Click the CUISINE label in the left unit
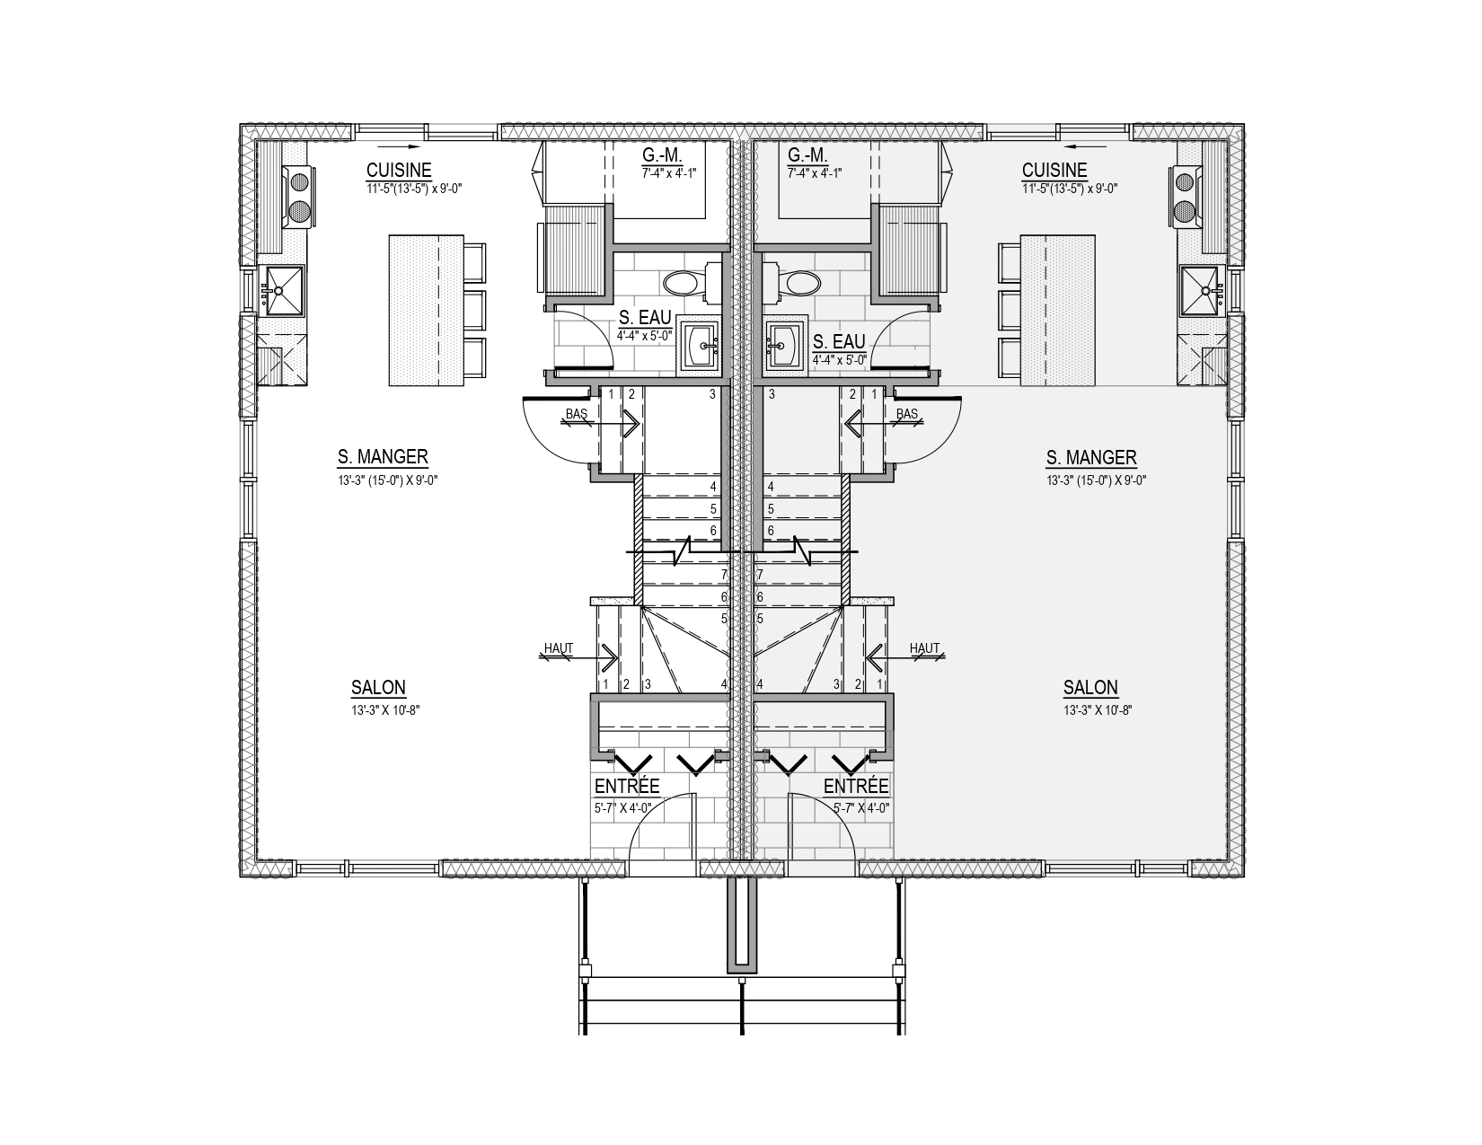[399, 170]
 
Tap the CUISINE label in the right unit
[1054, 170]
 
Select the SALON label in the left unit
[378, 687]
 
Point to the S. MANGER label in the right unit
[1091, 458]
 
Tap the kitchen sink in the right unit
[1200, 291]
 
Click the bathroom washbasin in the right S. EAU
[785, 344]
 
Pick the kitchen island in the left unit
[427, 311]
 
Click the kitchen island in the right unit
[1058, 311]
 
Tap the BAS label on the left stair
[577, 414]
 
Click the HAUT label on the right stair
[925, 647]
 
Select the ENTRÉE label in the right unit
[856, 787]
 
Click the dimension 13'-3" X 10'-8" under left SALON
[385, 710]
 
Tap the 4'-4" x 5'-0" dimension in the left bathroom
[645, 336]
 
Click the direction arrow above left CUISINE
[399, 146]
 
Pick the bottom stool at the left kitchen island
[475, 357]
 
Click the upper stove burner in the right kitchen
[1186, 182]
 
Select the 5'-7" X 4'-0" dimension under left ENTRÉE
[623, 809]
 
